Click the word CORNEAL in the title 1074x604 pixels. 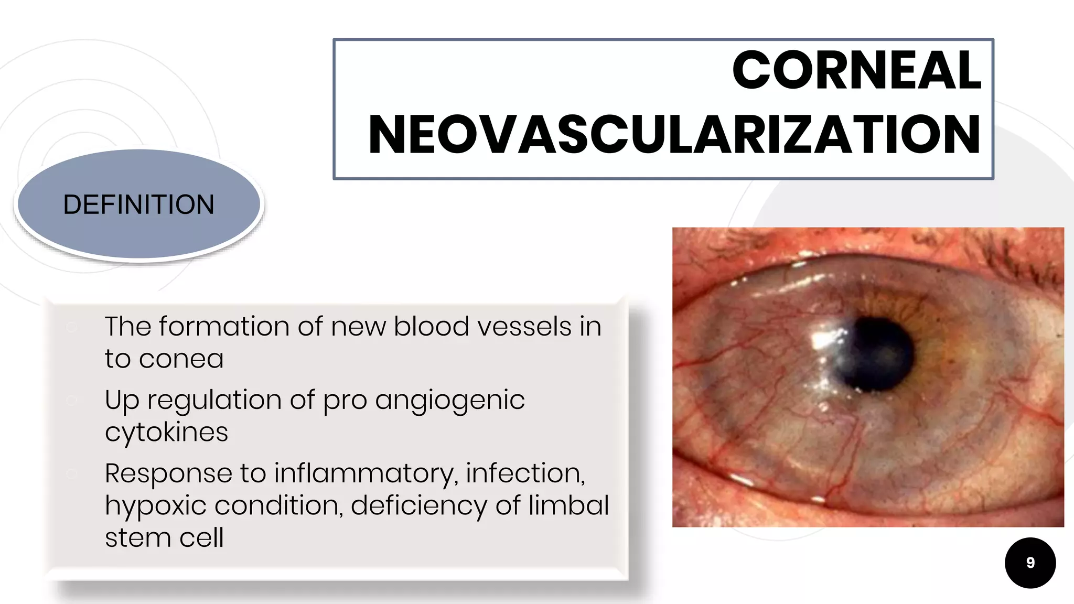coord(856,70)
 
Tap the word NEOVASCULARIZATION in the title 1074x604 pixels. coord(674,135)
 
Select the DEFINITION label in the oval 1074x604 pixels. coord(139,204)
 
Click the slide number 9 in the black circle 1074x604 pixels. coord(1030,563)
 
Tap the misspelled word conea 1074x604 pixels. coord(181,359)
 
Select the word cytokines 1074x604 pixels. coord(166,433)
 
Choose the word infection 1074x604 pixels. coord(525,473)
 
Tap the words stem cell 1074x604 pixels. coord(164,538)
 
